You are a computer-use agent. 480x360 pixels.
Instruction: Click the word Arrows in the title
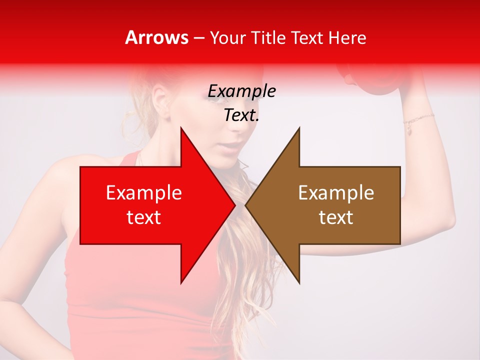(156, 38)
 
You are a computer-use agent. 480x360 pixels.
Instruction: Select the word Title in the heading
(266, 38)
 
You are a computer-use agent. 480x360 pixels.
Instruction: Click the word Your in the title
(227, 38)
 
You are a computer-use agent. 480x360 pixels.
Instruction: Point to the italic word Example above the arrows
(241, 91)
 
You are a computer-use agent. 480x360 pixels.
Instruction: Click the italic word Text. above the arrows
(241, 115)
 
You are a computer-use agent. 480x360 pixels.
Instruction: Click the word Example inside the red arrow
(144, 193)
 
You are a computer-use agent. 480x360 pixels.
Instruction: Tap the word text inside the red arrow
(144, 217)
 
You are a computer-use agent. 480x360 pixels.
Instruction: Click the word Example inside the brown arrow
(336, 193)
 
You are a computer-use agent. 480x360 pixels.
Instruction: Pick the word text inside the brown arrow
(336, 217)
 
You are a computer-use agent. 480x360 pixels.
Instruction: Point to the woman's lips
(230, 146)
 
